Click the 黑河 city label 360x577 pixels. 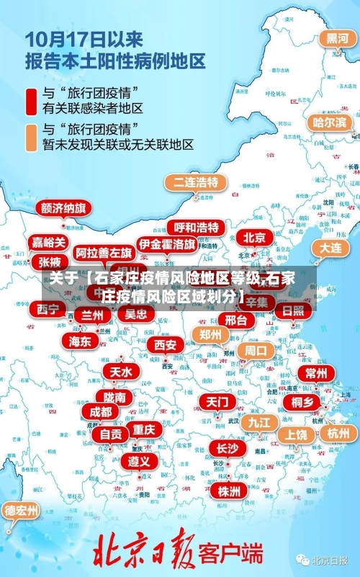coord(337,37)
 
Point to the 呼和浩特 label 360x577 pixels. coord(197,227)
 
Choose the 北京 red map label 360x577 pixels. coord(253,237)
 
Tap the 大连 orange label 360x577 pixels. coord(332,247)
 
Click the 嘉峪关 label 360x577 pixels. coord(50,242)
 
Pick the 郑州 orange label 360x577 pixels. coord(211,334)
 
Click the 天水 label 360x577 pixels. coord(120,371)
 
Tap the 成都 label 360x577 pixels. coord(101,411)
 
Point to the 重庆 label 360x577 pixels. coord(144,429)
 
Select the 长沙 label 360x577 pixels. coord(227,448)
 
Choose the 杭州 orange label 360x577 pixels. coord(338,433)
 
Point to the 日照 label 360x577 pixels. coord(292,310)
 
